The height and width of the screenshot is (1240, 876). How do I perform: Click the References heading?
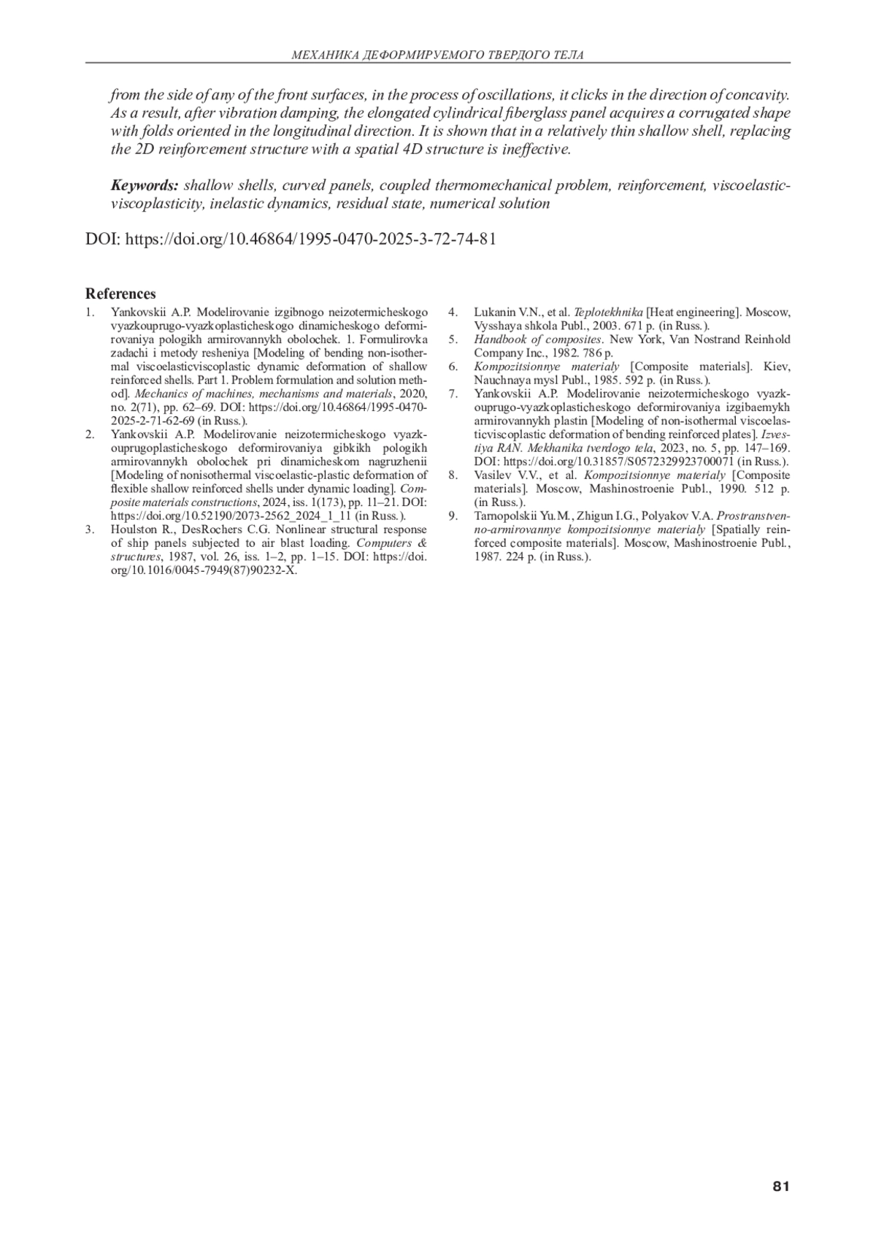tap(120, 294)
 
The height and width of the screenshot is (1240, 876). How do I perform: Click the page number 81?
tap(780, 1187)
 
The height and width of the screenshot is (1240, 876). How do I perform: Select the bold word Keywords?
tap(144, 185)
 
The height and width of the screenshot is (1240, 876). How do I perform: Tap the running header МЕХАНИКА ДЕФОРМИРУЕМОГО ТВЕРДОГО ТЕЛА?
tap(437, 55)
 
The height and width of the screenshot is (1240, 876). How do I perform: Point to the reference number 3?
tap(89, 530)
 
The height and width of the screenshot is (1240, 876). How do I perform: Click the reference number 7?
tap(453, 394)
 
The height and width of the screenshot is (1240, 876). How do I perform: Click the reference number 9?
tap(453, 516)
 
